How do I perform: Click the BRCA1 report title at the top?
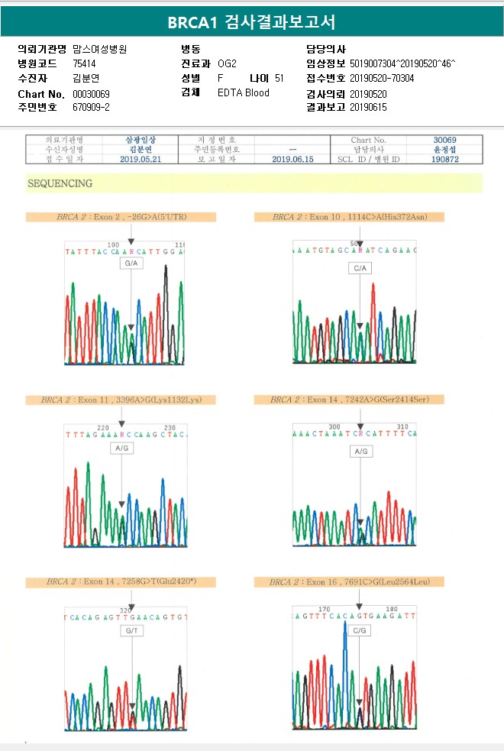(x=251, y=22)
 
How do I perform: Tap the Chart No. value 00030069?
(x=92, y=93)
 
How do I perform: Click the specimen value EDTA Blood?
(x=244, y=93)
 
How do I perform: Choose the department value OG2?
(x=228, y=63)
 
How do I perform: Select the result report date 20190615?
(x=369, y=108)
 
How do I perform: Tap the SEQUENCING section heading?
(x=60, y=183)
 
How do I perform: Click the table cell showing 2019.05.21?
(x=140, y=159)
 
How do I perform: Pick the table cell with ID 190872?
(x=444, y=159)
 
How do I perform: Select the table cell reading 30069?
(x=444, y=141)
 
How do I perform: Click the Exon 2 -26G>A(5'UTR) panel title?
(x=121, y=217)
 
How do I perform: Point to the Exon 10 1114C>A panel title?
(x=349, y=217)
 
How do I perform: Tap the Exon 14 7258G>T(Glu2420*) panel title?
(x=121, y=582)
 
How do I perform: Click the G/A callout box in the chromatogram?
(x=131, y=264)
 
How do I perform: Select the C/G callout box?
(x=360, y=631)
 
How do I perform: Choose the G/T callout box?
(x=131, y=631)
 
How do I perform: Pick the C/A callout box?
(x=360, y=268)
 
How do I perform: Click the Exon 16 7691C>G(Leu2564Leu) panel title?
(x=349, y=582)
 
